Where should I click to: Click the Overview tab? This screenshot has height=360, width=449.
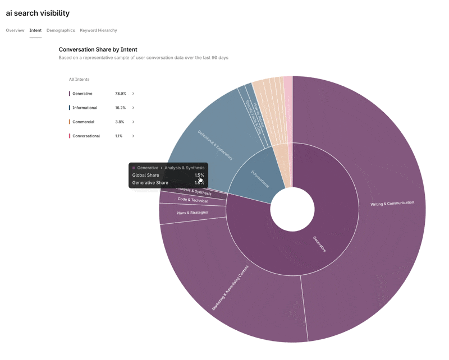[x=15, y=30]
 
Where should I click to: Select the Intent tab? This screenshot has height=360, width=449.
[x=35, y=30]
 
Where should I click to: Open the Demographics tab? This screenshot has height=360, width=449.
[x=61, y=30]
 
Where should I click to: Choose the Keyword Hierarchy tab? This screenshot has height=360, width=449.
[x=98, y=30]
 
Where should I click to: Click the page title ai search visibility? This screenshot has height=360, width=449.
[x=38, y=13]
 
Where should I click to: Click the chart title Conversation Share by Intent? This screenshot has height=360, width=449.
[x=98, y=49]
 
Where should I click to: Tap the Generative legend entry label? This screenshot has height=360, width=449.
[x=82, y=94]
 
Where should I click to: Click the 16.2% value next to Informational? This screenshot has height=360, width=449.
[x=120, y=108]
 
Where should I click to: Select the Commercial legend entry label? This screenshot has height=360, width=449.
[x=83, y=122]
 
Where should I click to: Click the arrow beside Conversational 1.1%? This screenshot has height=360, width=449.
[x=133, y=136]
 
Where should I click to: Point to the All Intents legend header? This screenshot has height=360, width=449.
[x=79, y=80]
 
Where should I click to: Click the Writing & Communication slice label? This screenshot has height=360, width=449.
[x=392, y=204]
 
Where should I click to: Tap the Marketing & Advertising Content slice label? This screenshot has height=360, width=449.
[x=230, y=288]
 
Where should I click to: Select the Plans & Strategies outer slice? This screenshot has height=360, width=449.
[x=192, y=213]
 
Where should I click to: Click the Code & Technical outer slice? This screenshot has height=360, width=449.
[x=193, y=200]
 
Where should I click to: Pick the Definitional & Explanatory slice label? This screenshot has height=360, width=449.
[x=215, y=145]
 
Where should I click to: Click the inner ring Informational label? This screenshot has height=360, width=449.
[x=260, y=178]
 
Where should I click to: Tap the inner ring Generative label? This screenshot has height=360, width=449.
[x=319, y=244]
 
